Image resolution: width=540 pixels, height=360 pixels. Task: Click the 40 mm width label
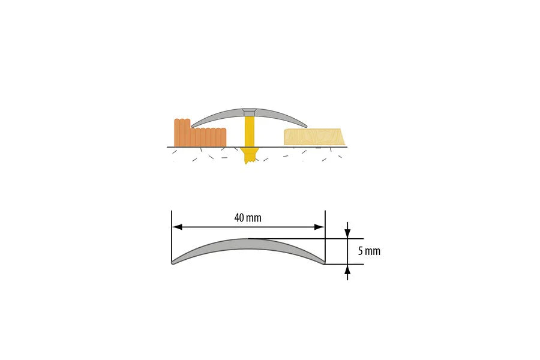tap(248, 218)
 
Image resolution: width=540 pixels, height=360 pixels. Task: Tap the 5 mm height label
tap(369, 251)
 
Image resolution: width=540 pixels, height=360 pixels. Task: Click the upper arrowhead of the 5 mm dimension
tap(347, 233)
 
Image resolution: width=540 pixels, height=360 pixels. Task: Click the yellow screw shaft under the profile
tap(249, 132)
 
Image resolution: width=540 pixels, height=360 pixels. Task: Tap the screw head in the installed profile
tap(248, 112)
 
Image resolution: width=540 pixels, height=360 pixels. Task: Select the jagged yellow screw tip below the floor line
tap(248, 157)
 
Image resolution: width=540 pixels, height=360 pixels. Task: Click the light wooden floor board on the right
tap(313, 137)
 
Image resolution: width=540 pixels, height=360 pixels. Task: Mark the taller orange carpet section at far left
tap(182, 132)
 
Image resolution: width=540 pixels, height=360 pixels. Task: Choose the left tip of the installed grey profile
tap(193, 125)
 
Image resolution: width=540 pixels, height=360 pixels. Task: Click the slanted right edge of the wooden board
tap(343, 137)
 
